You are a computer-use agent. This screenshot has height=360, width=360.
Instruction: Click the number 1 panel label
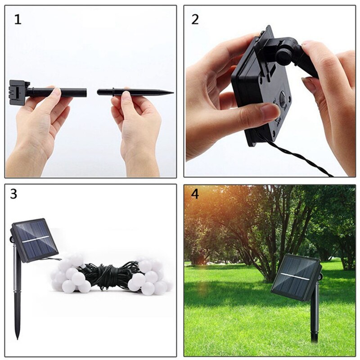coord(18,20)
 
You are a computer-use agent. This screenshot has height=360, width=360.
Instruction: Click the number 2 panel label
coord(195,19)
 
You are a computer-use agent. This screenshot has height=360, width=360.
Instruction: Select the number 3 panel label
coord(14,194)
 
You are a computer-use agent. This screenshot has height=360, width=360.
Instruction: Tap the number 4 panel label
coord(194,194)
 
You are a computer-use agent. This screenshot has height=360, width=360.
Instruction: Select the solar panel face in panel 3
coord(34,240)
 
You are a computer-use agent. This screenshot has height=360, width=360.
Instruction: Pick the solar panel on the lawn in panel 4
coord(296,277)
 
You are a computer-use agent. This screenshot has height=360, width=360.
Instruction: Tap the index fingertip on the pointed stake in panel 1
coord(127,95)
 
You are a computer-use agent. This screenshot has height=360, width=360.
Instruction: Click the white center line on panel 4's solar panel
coord(295,276)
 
